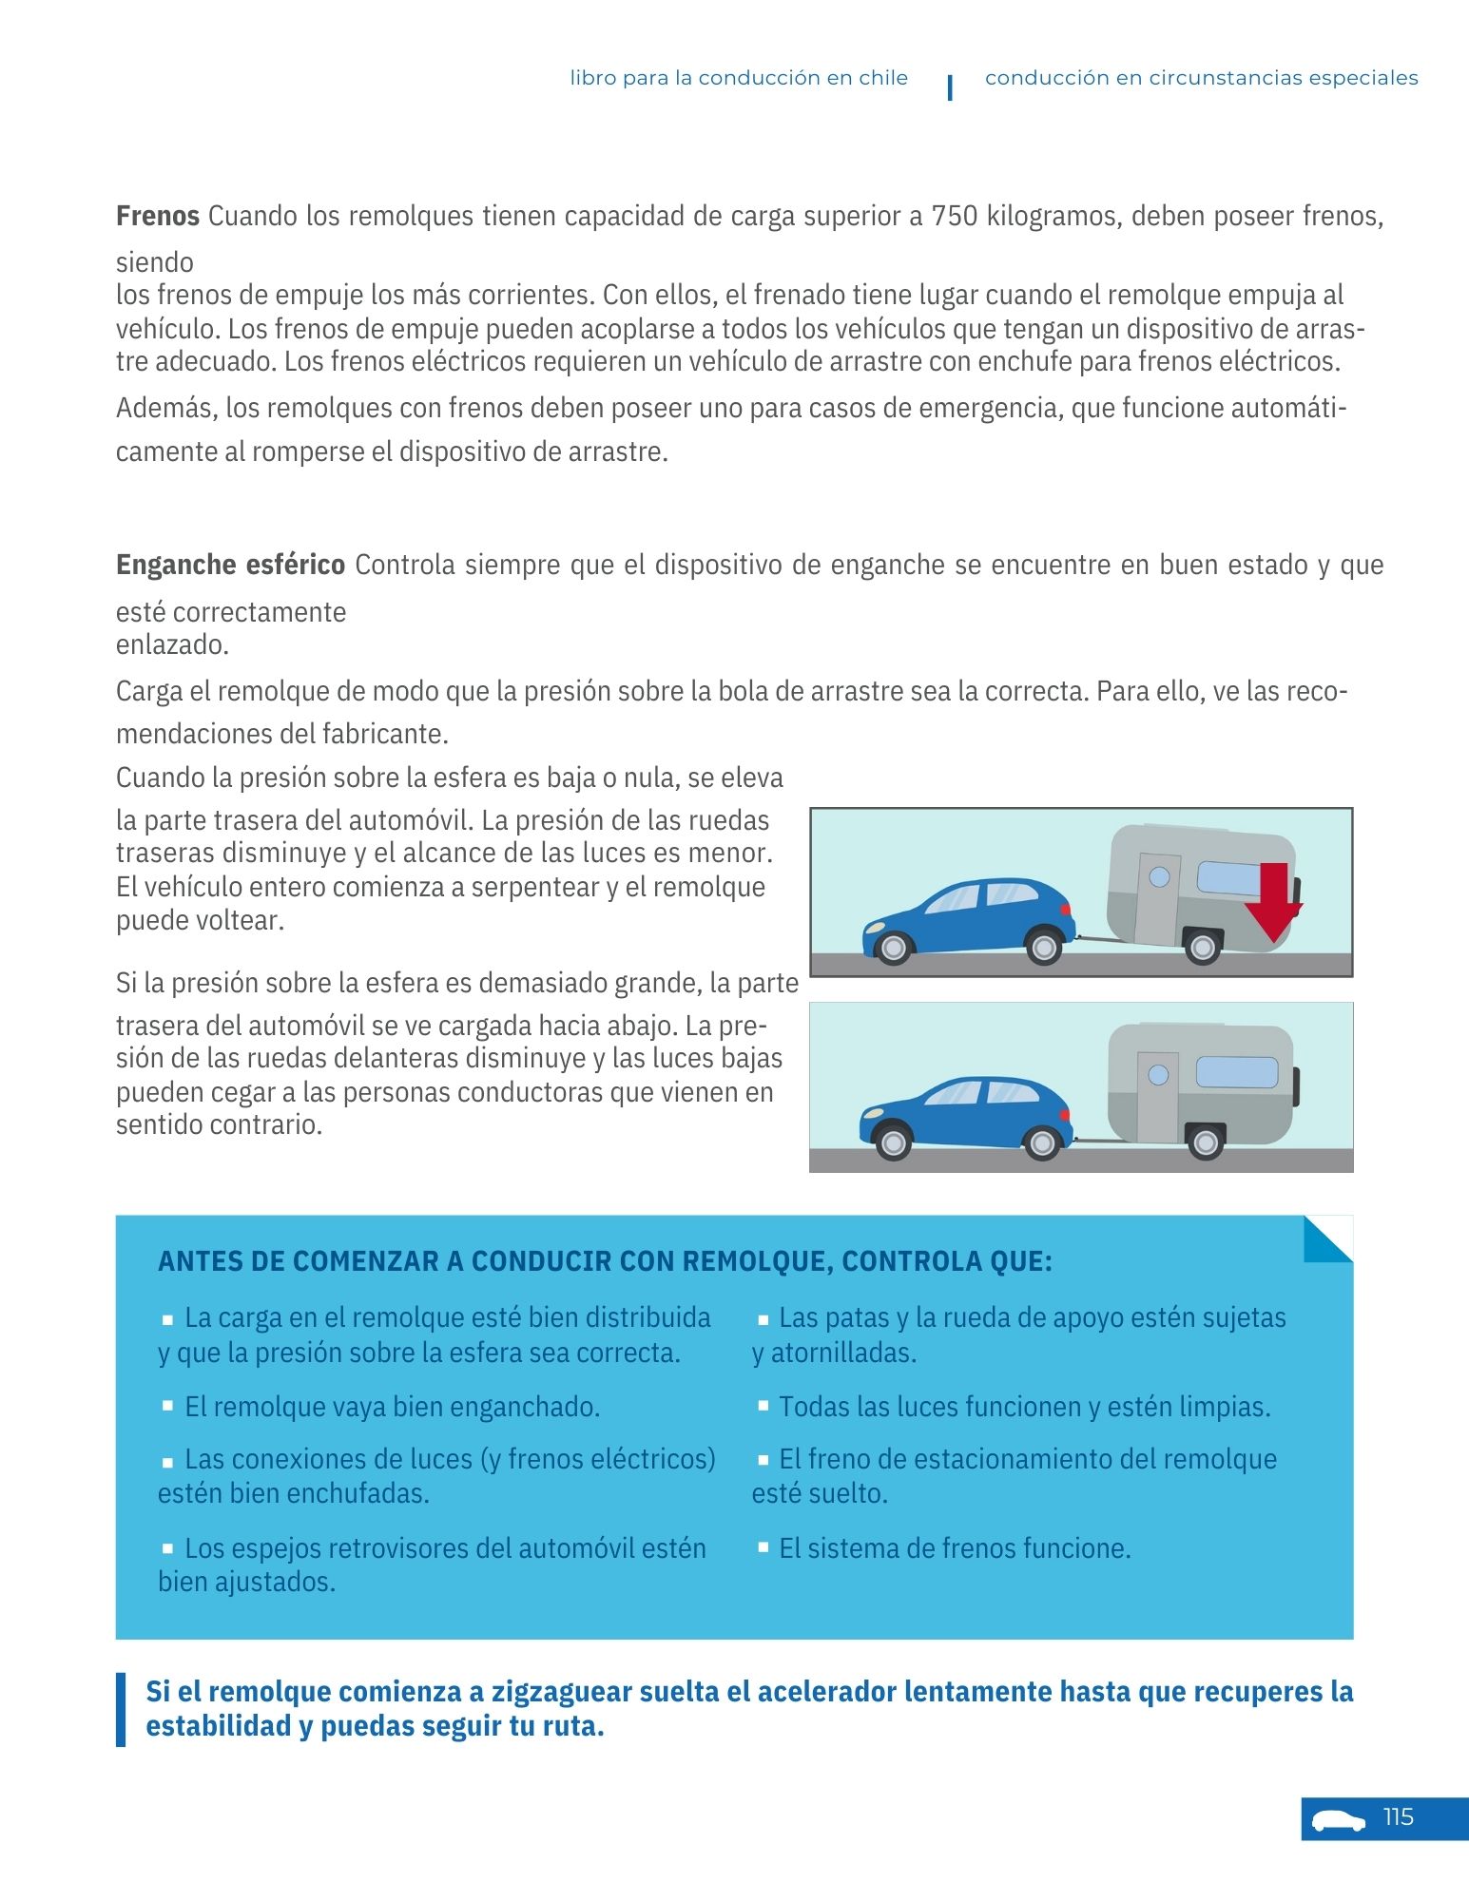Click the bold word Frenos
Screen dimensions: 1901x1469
(x=157, y=217)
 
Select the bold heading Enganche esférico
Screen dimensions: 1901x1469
(x=230, y=566)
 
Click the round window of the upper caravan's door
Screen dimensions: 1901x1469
(x=1159, y=876)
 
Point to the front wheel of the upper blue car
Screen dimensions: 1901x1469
(x=893, y=948)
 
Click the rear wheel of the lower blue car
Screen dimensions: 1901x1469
(x=1042, y=1143)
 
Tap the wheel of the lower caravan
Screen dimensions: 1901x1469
(x=1205, y=1142)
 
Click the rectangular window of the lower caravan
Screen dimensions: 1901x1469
(x=1236, y=1072)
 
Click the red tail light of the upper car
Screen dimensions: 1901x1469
(x=1066, y=911)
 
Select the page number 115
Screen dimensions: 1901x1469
(x=1398, y=1817)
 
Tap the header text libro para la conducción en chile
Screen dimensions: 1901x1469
(x=739, y=78)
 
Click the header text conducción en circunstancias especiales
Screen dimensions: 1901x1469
(x=1201, y=78)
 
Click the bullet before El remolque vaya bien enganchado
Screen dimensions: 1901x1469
(x=167, y=1405)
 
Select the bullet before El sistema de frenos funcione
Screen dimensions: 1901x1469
(x=763, y=1546)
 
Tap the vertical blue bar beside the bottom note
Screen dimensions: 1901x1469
(x=121, y=1709)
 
